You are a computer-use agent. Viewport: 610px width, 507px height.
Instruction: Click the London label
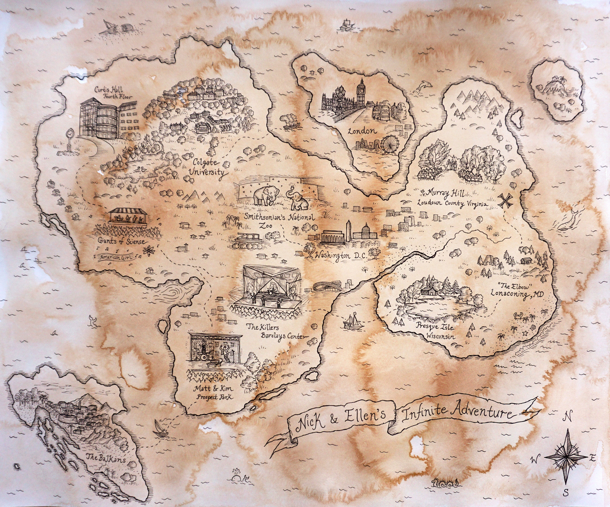[x=362, y=131]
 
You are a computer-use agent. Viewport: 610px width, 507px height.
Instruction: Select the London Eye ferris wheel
[x=390, y=145]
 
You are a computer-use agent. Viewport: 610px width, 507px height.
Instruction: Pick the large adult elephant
[x=265, y=195]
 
